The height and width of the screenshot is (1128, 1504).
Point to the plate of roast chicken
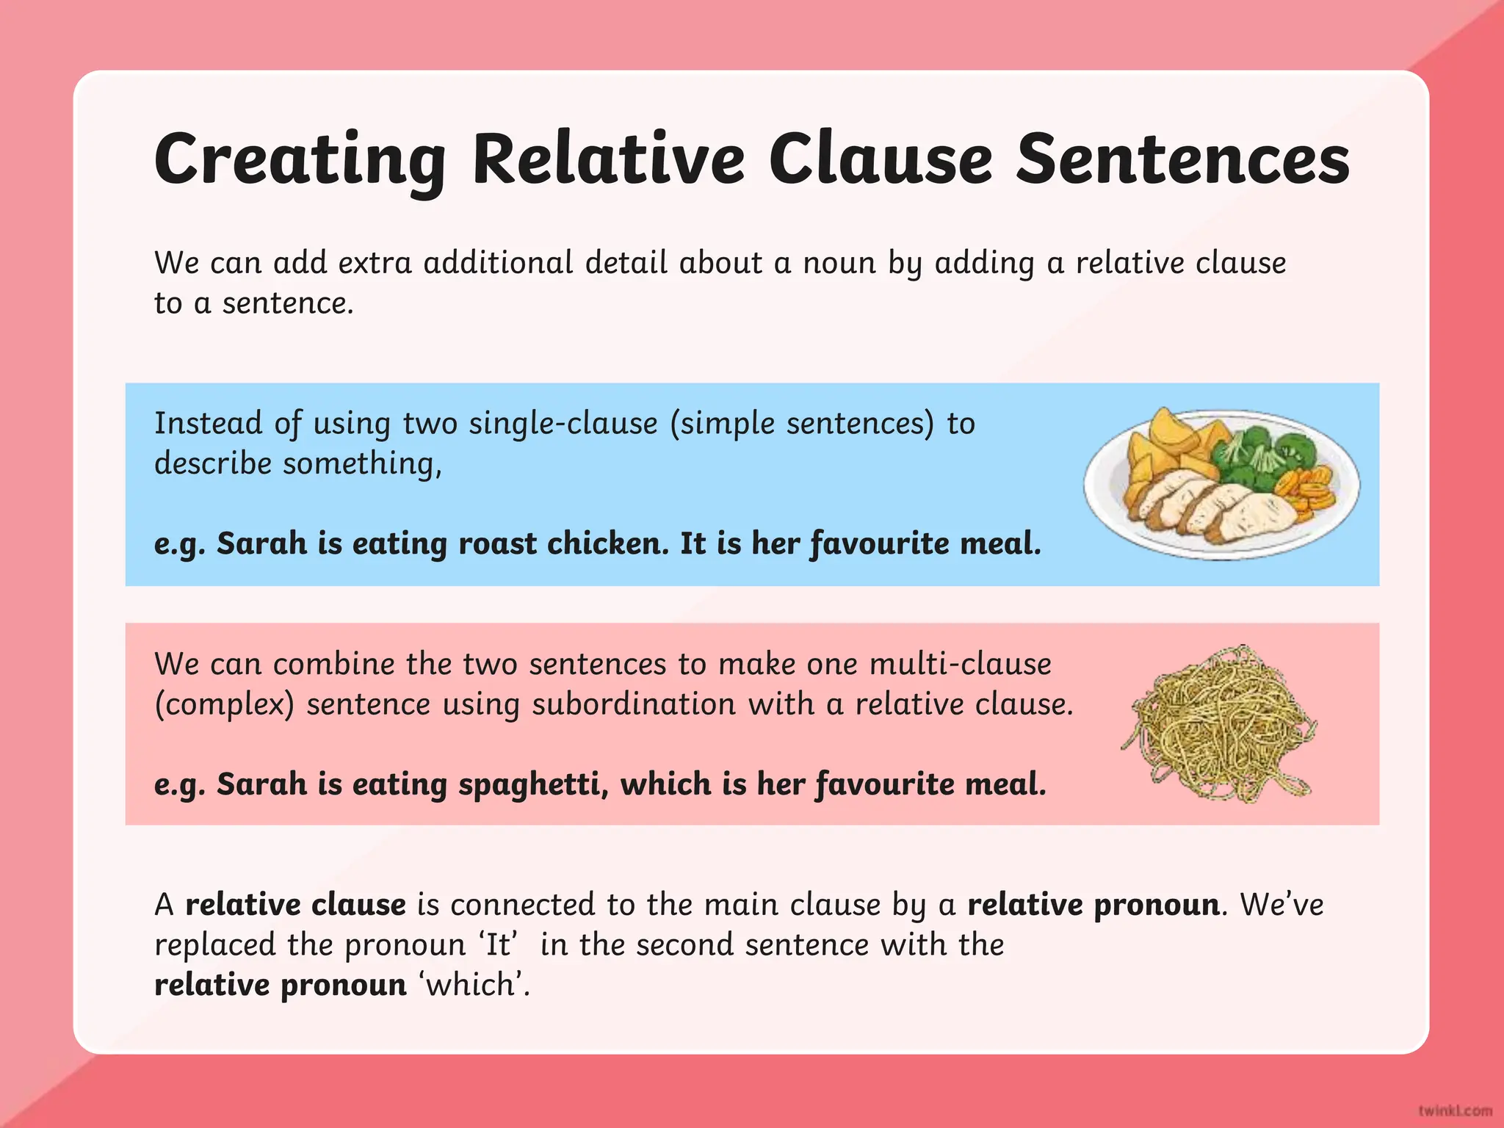(1221, 485)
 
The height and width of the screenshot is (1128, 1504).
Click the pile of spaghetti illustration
(1219, 723)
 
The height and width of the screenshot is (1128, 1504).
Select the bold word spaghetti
(533, 784)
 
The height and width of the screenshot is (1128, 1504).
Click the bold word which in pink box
(665, 784)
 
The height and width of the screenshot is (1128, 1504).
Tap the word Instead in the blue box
(208, 424)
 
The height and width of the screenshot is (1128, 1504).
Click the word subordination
(633, 704)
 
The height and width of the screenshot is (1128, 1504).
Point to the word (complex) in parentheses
(224, 705)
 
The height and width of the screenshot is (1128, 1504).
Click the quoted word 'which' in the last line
(474, 985)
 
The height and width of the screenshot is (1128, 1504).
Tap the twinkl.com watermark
(1455, 1110)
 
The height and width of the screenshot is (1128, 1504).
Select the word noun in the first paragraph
(839, 263)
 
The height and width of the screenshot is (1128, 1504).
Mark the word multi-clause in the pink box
(961, 664)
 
